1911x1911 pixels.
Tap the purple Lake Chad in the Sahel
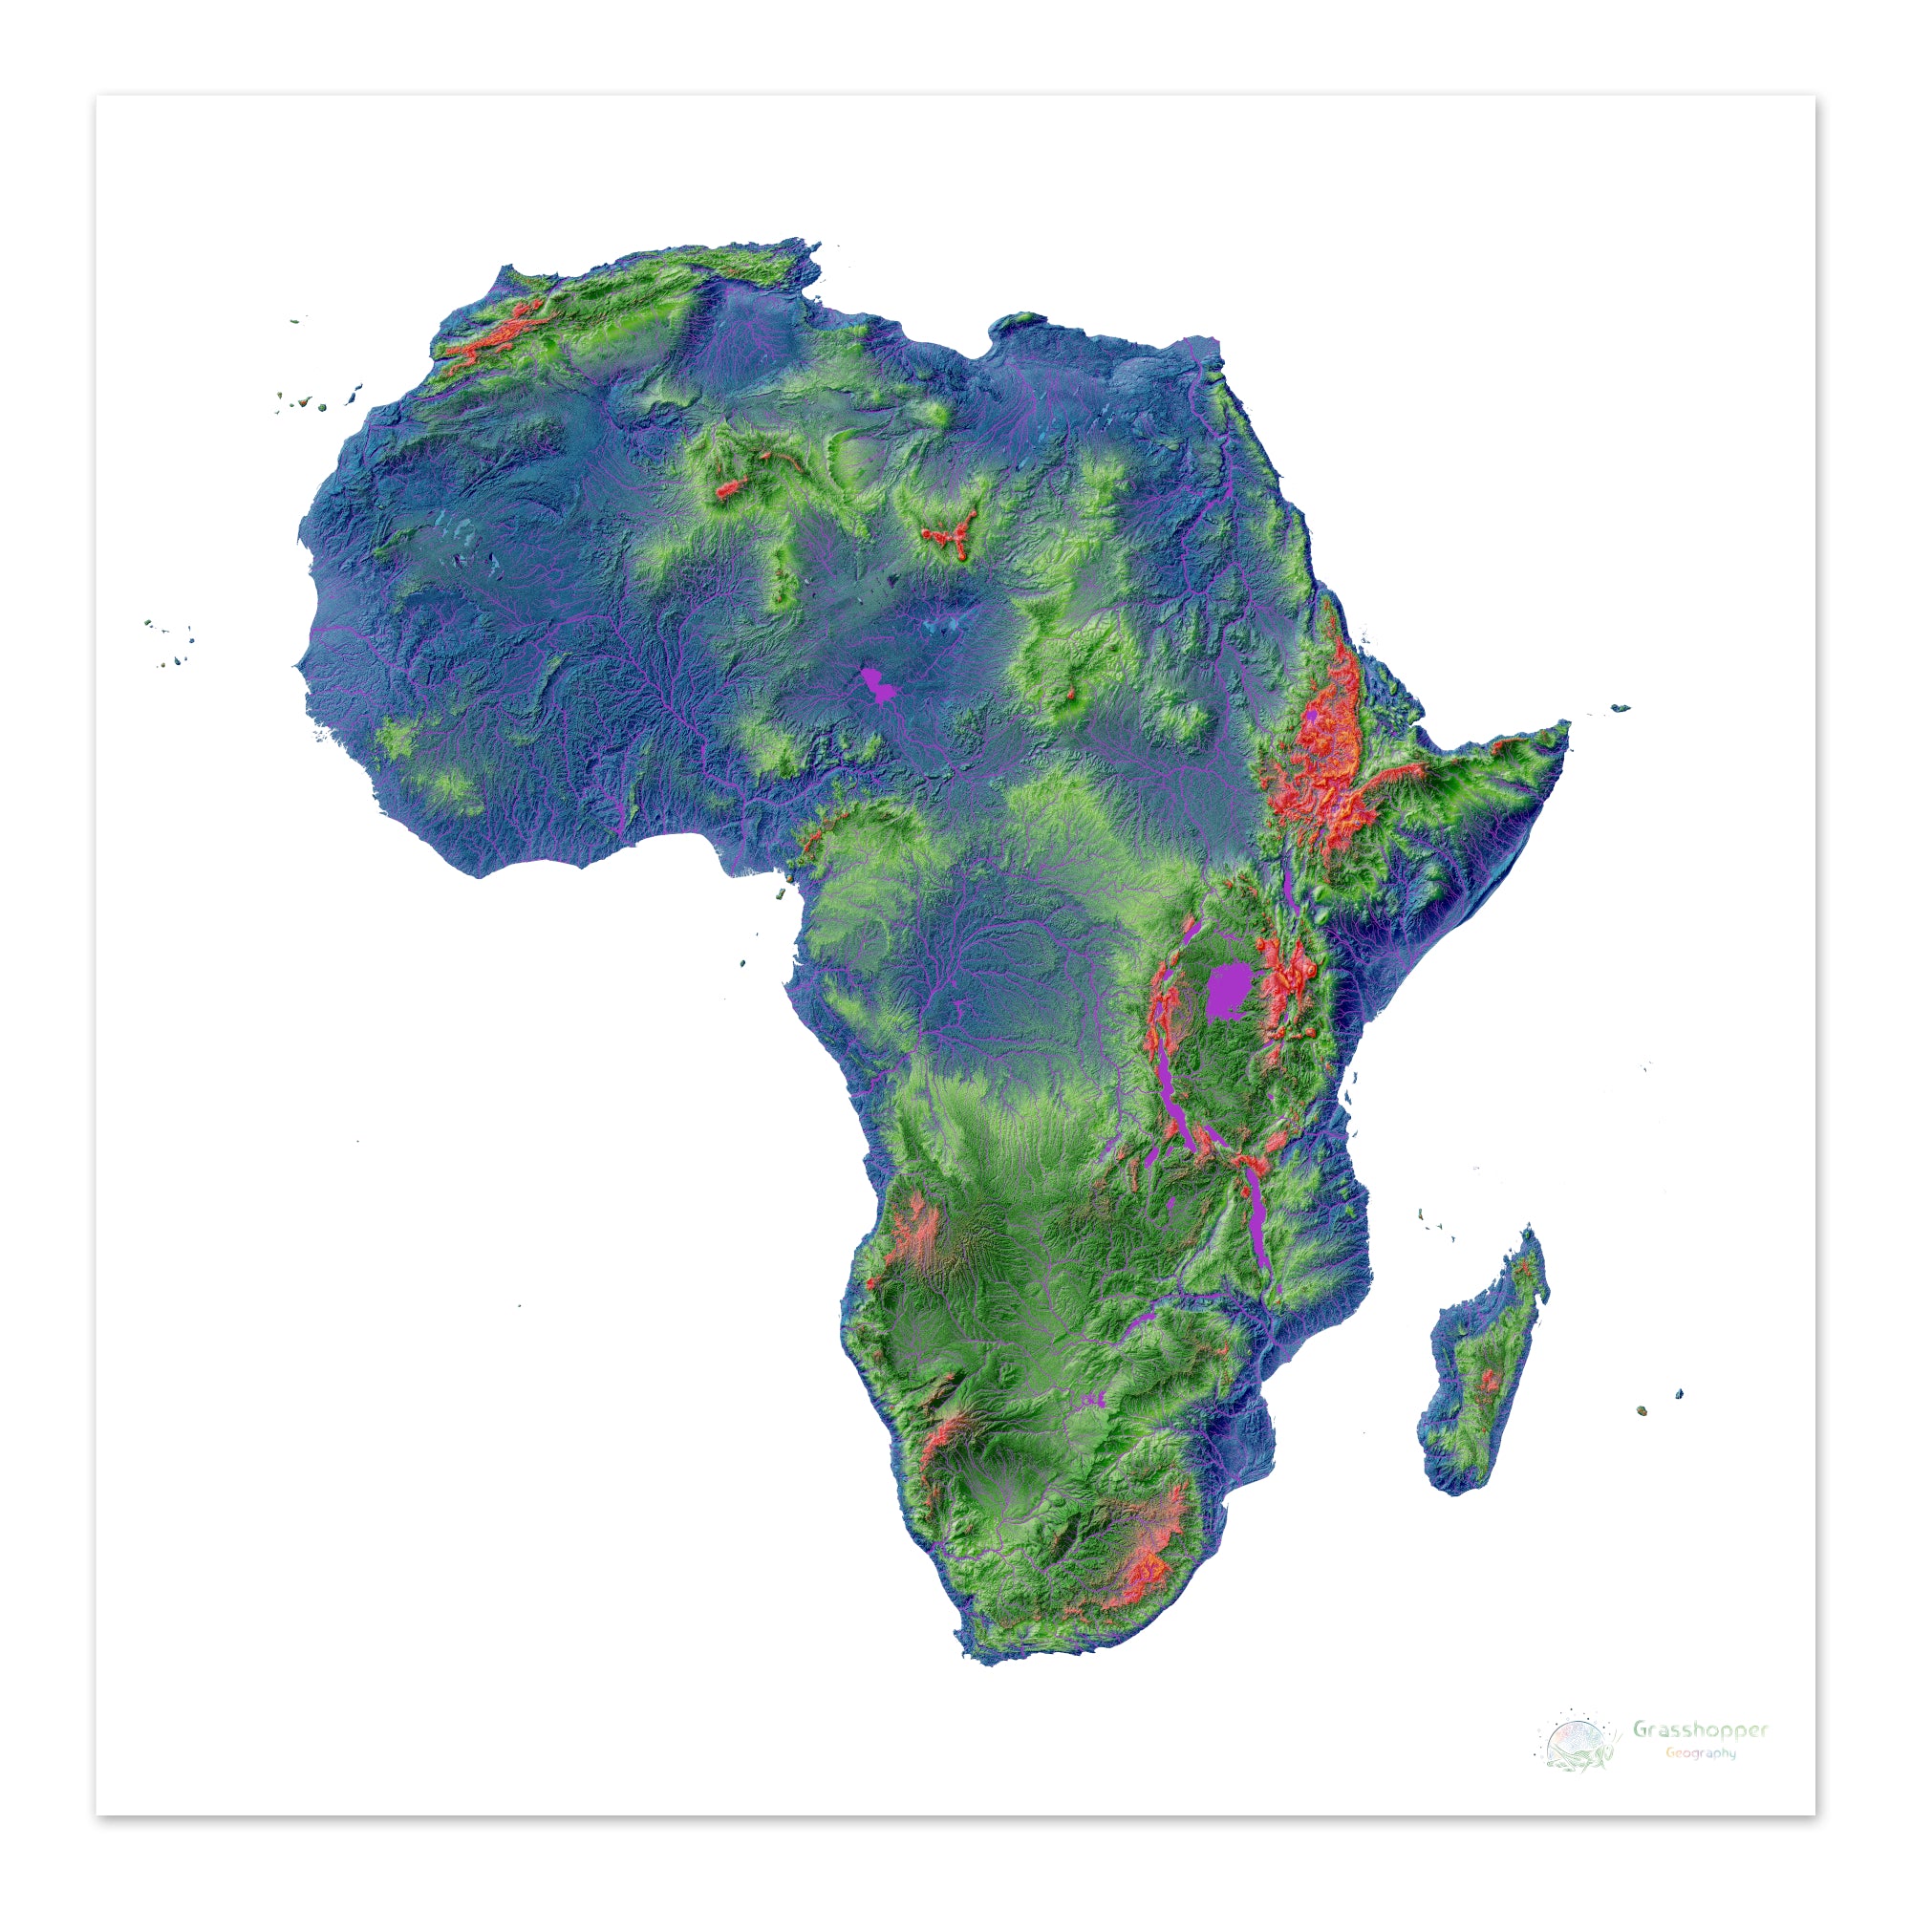point(874,683)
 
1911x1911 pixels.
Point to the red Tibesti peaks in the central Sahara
point(947,536)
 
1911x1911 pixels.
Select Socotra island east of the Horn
point(1620,707)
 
